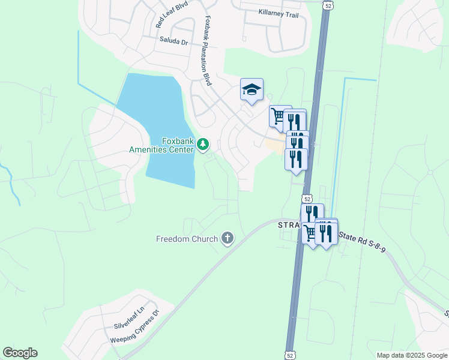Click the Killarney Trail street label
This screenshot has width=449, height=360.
[x=278, y=14]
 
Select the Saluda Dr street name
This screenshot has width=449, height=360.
[x=174, y=42]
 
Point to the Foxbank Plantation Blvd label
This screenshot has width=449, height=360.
[x=208, y=50]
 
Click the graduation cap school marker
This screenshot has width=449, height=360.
[x=252, y=90]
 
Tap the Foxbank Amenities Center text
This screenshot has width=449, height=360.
[x=162, y=145]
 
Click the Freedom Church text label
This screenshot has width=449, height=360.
[x=187, y=239]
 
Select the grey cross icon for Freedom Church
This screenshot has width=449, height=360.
[x=227, y=238]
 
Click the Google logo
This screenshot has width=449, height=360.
[x=20, y=353]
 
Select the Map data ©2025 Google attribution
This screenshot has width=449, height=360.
[x=411, y=355]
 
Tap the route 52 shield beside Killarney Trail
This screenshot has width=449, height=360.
[x=327, y=5]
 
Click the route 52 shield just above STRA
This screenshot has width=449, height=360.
[x=307, y=199]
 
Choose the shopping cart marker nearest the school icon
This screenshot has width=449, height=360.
[x=278, y=115]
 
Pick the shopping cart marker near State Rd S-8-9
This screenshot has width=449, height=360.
[x=310, y=232]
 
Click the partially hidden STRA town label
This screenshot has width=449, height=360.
[x=289, y=225]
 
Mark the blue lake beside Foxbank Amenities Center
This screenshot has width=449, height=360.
[x=159, y=120]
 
